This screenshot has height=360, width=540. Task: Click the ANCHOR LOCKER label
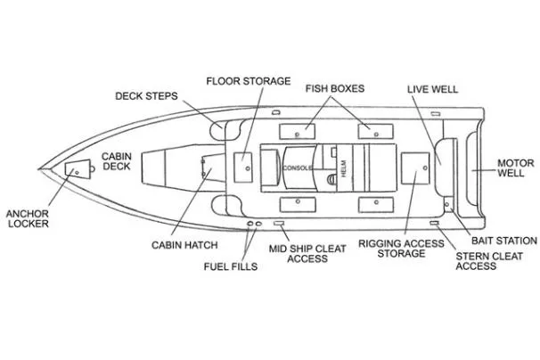(28, 218)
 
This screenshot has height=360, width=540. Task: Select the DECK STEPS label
(147, 96)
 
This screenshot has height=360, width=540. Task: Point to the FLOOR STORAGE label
(249, 81)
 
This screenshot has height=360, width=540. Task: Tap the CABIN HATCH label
(179, 244)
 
